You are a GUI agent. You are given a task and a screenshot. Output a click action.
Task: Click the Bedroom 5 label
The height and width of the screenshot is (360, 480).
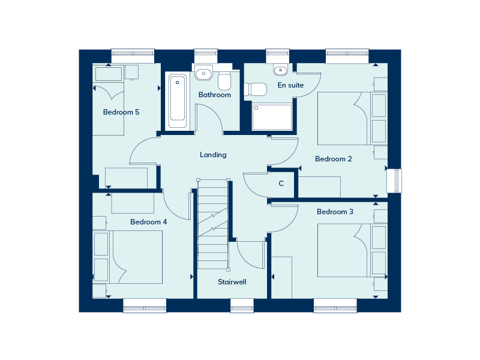121,112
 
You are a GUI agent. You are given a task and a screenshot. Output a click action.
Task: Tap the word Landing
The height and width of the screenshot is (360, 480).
213,155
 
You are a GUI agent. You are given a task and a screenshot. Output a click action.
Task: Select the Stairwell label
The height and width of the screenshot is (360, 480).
232,281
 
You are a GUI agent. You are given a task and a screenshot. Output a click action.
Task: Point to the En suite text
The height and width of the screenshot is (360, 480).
290,85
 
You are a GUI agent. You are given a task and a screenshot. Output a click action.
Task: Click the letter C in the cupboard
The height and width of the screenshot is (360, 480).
281,184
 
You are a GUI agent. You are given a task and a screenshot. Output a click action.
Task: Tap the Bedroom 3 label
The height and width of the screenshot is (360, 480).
335,212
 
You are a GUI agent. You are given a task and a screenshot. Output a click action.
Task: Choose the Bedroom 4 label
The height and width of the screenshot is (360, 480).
148,221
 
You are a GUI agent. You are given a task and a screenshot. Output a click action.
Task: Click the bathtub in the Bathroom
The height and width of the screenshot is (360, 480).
177,101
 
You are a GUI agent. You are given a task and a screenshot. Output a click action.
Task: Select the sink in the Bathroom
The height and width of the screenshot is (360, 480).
203,73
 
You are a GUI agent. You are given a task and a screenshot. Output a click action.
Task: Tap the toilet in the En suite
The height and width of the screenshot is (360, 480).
256,89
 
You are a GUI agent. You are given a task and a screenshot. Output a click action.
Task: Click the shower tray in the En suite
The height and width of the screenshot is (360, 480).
272,117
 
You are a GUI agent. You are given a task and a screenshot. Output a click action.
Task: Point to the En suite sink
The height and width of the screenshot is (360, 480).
280,70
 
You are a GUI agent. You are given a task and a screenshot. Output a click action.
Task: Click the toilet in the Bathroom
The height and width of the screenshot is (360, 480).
224,80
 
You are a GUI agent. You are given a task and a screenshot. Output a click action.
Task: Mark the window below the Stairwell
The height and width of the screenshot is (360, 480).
242,305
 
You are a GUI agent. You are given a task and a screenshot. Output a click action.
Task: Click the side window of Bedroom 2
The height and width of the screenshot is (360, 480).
394,181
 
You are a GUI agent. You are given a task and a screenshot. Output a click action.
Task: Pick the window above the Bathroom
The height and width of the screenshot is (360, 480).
206,56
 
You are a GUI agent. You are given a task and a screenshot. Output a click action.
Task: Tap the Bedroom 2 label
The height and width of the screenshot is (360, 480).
334,159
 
